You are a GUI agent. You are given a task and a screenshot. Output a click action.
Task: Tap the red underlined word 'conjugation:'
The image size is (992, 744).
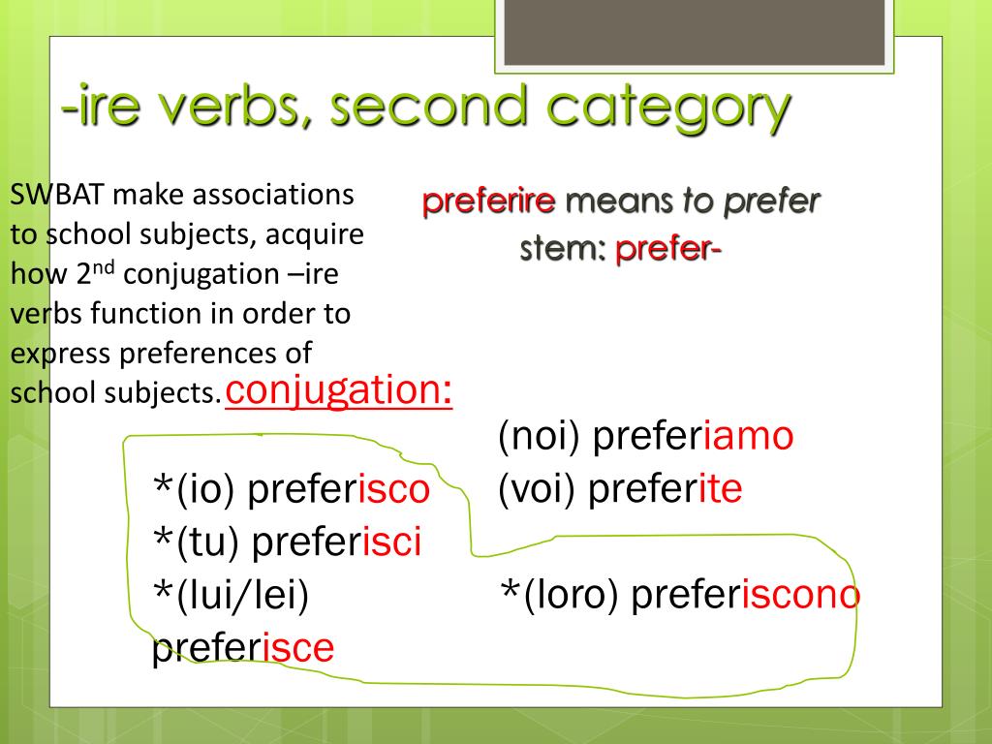(x=339, y=391)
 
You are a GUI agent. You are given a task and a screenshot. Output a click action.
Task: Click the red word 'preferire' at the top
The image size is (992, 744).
(x=488, y=201)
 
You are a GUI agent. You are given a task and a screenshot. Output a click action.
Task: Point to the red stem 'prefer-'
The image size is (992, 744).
(x=668, y=249)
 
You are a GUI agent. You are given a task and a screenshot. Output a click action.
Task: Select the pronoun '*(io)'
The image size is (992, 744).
(x=195, y=490)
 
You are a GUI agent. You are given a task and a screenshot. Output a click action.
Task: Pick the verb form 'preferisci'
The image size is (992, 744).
(x=336, y=543)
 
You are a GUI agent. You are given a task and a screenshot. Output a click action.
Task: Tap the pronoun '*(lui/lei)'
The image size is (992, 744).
(x=231, y=595)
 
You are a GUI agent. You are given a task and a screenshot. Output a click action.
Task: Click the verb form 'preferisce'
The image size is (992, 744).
(x=243, y=647)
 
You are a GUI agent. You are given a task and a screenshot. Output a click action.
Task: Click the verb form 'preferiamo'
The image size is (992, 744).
(x=693, y=437)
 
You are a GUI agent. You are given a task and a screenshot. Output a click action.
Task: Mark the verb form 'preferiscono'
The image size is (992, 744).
(x=745, y=595)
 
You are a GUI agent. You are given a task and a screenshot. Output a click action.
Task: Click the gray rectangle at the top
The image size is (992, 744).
(x=692, y=32)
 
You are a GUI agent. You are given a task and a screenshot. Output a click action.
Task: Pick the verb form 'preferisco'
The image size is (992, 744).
(x=338, y=490)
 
